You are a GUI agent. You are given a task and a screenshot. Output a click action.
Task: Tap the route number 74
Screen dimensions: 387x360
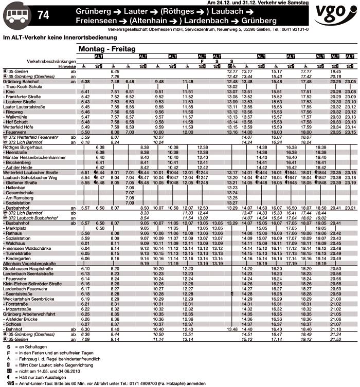[44, 15]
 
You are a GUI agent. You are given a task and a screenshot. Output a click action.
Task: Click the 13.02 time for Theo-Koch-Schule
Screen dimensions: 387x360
[231, 86]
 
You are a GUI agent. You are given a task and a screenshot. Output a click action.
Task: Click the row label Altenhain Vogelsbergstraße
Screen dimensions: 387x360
[29, 263]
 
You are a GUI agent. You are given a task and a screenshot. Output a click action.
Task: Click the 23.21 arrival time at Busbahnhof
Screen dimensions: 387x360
[351, 208]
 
